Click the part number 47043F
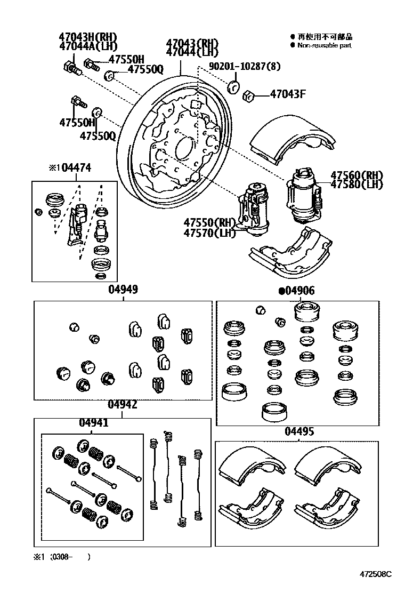[288, 95]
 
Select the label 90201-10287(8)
[245, 67]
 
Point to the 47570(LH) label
[209, 233]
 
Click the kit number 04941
[94, 423]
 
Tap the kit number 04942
[123, 405]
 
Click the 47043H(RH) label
[87, 37]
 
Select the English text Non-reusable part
[324, 46]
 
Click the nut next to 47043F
[247, 96]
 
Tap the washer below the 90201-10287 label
[233, 87]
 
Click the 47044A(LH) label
[87, 46]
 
